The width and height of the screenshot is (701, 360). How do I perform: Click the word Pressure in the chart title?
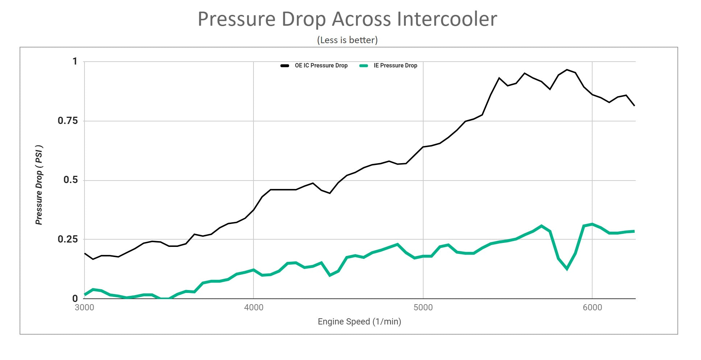(236, 19)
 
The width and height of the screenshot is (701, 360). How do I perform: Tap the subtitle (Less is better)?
(347, 40)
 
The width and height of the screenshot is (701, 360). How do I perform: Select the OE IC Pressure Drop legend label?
(321, 66)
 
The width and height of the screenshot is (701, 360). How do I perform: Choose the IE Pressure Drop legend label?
(395, 66)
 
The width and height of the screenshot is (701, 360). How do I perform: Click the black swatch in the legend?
(285, 66)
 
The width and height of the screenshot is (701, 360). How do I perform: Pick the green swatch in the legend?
(363, 66)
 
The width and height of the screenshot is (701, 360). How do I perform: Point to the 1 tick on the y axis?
(75, 61)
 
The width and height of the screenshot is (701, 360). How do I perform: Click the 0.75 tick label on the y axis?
(68, 121)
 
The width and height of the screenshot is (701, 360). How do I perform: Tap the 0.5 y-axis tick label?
(71, 180)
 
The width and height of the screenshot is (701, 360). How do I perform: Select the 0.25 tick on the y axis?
(68, 239)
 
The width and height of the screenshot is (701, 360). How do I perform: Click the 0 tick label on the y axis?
(75, 299)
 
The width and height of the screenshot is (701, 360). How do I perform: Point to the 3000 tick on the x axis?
(84, 308)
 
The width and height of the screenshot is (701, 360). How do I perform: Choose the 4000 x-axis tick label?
(253, 308)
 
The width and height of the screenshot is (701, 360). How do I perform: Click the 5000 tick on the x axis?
(423, 308)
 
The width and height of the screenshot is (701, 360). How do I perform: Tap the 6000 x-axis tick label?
(592, 308)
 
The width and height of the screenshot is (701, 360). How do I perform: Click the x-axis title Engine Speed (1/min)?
(359, 322)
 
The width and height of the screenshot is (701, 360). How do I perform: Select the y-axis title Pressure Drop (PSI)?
(39, 185)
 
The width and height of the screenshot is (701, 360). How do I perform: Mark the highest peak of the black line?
(567, 70)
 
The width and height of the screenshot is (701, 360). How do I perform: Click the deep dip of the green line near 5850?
(567, 269)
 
